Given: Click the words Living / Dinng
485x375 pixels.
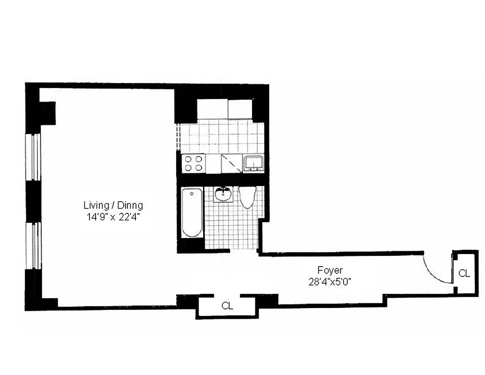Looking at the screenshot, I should click(x=113, y=205).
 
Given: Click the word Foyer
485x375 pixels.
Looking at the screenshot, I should click(x=330, y=270).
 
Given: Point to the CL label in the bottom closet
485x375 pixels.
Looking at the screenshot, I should click(x=227, y=306).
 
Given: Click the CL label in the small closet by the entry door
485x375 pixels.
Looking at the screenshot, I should click(x=464, y=273).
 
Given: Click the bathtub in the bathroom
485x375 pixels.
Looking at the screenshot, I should click(x=192, y=212).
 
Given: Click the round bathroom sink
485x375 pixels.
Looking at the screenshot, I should click(x=223, y=194).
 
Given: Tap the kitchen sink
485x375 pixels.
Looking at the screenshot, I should click(x=254, y=163).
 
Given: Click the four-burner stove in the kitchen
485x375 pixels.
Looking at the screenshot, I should click(x=194, y=163).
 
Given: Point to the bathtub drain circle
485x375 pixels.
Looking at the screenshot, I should click(x=192, y=193).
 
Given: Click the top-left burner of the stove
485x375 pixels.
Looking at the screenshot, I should click(x=188, y=158).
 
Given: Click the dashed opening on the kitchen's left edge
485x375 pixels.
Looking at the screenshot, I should click(x=178, y=136).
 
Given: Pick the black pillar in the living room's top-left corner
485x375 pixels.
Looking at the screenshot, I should click(x=47, y=113).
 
